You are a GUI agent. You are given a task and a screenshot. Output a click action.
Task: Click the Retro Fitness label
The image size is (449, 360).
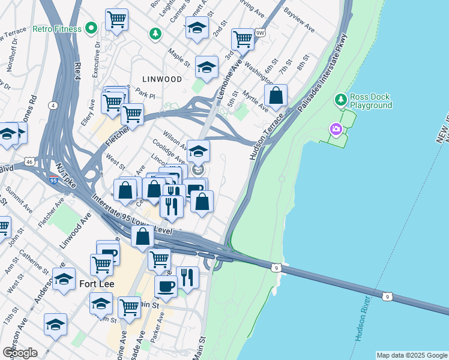(x=57, y=28)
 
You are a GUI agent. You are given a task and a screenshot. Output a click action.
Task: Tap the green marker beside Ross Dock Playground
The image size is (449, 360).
(x=340, y=98)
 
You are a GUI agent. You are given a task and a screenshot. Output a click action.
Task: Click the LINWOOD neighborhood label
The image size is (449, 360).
(x=162, y=79)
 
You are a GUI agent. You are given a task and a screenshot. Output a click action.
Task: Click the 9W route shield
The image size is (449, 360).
(x=259, y=33)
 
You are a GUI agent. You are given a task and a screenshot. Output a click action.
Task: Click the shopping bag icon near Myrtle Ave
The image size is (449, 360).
(x=276, y=95)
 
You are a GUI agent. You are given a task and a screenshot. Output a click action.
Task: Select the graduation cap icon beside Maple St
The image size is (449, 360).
(x=206, y=68)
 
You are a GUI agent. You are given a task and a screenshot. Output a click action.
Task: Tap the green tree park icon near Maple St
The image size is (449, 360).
(x=156, y=33)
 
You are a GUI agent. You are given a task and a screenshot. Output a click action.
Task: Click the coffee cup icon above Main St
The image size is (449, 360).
(x=166, y=286)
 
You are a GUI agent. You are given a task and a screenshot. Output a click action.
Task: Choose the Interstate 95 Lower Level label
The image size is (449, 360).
(x=132, y=214)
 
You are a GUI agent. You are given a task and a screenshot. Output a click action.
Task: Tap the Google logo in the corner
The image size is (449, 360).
(x=20, y=353)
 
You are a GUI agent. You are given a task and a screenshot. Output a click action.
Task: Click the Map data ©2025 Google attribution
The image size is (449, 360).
(x=411, y=355)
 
